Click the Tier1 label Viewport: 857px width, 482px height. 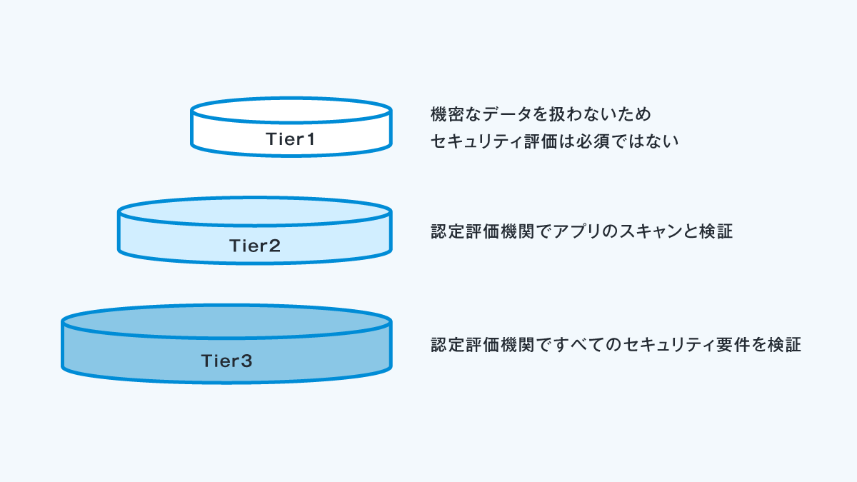click(291, 139)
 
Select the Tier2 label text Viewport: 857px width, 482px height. click(255, 246)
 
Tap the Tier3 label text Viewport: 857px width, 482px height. click(226, 361)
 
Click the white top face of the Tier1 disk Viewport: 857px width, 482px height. click(291, 110)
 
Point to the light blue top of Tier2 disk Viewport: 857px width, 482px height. click(255, 211)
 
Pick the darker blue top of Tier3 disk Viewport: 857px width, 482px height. click(226, 321)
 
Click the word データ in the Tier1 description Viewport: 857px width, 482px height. click(507, 114)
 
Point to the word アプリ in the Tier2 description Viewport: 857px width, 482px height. click(578, 231)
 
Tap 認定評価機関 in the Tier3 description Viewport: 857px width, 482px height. click(482, 345)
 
